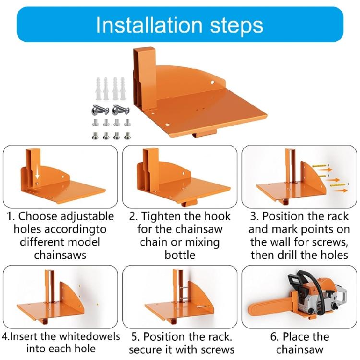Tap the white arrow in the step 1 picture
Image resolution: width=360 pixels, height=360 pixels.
[37, 176]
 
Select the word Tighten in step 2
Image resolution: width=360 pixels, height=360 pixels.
[162, 216]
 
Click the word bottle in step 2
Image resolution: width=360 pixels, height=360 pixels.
[180, 254]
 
